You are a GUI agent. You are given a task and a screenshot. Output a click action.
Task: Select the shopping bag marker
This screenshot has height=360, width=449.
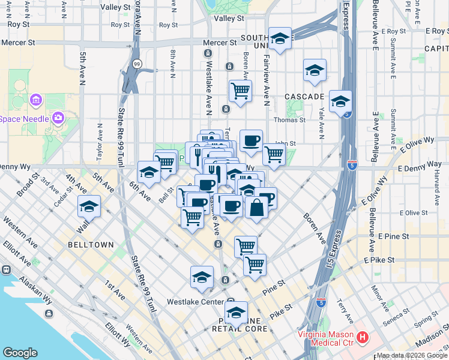[256, 208]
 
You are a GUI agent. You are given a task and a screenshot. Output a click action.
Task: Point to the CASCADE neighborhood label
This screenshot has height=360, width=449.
[304, 96]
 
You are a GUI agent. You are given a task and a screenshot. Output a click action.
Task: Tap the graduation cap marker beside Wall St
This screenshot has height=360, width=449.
[89, 206]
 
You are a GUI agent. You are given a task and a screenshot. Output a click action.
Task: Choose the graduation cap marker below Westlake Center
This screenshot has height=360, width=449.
[237, 313]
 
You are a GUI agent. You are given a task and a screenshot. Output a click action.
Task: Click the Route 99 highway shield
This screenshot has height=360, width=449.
[137, 64]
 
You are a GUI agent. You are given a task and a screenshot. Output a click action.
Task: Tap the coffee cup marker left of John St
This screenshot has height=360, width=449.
[251, 141]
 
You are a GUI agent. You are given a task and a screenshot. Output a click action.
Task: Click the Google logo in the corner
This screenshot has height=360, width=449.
[20, 353]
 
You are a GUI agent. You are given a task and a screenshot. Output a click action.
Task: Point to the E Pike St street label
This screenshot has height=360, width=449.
[379, 260]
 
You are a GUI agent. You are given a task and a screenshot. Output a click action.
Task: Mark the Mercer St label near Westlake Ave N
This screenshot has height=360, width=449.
[219, 43]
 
